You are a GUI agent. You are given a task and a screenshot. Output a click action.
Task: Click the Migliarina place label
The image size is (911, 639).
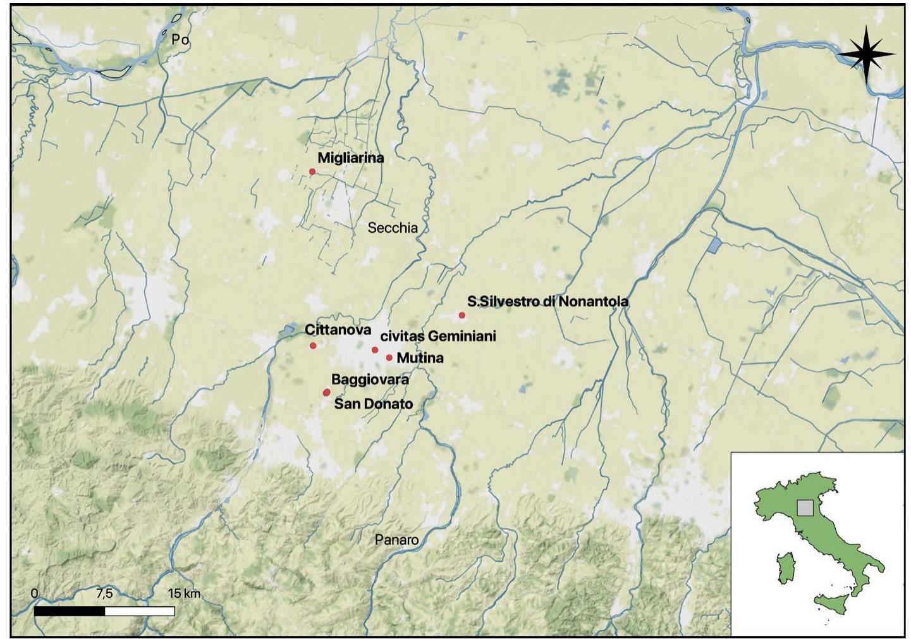(350, 158)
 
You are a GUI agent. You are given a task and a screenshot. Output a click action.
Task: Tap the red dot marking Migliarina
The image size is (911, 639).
(312, 171)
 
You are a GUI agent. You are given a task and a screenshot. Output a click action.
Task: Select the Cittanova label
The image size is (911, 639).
(338, 330)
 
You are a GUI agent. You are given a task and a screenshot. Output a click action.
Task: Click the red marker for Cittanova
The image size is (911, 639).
(313, 345)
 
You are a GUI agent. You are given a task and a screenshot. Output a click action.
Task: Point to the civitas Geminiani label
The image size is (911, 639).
(438, 335)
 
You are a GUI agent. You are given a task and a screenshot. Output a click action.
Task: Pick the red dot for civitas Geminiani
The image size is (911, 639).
(375, 350)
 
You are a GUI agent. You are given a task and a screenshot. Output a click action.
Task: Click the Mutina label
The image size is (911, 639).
(420, 357)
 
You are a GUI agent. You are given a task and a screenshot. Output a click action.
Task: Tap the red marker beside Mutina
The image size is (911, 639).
(389, 357)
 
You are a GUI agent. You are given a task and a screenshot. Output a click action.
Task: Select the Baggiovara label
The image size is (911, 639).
(370, 380)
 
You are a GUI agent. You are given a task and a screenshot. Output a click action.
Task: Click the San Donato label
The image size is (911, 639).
(373, 404)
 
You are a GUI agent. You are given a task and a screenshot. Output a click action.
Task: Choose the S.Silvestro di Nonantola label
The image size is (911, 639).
(547, 301)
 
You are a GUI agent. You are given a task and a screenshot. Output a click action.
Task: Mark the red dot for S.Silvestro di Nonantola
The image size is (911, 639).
(462, 315)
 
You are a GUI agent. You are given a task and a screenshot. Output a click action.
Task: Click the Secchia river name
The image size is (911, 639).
(393, 228)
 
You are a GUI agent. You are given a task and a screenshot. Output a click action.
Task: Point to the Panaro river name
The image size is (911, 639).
(396, 540)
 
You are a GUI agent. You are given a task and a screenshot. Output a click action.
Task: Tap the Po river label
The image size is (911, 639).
(180, 39)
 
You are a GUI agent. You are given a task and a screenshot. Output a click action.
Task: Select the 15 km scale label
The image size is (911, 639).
(184, 593)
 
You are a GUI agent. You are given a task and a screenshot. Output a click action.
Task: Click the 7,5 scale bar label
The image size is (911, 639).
(104, 593)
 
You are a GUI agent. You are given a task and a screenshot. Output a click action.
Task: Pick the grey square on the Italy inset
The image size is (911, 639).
(805, 507)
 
